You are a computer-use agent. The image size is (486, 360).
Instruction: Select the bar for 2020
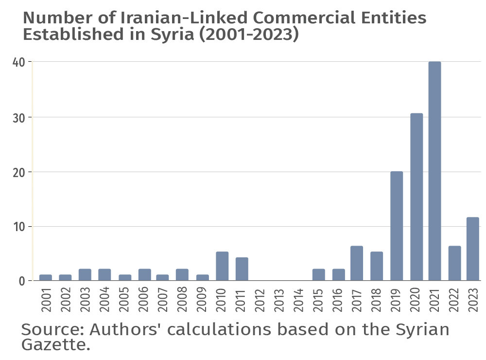click(417, 197)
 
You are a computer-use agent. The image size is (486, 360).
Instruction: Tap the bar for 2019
click(397, 226)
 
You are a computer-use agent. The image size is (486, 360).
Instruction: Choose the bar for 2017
click(357, 263)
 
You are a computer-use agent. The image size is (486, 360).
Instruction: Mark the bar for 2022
click(454, 263)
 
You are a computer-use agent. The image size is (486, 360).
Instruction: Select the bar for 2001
click(46, 278)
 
